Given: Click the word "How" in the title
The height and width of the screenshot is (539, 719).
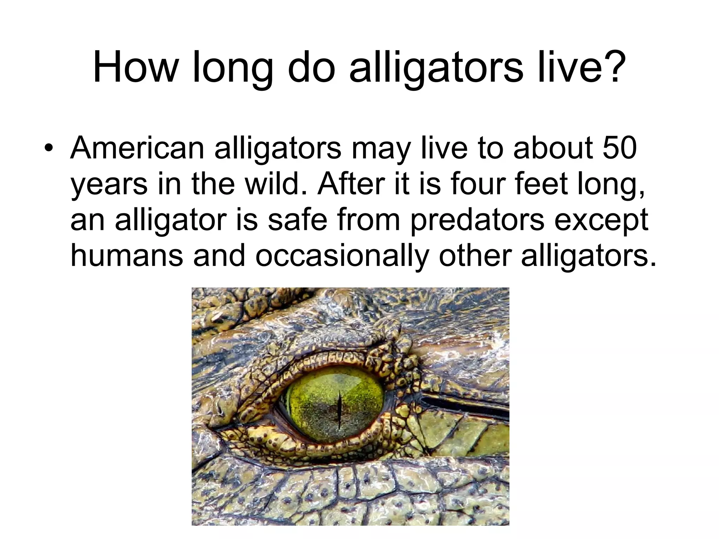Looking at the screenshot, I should [x=135, y=68].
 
